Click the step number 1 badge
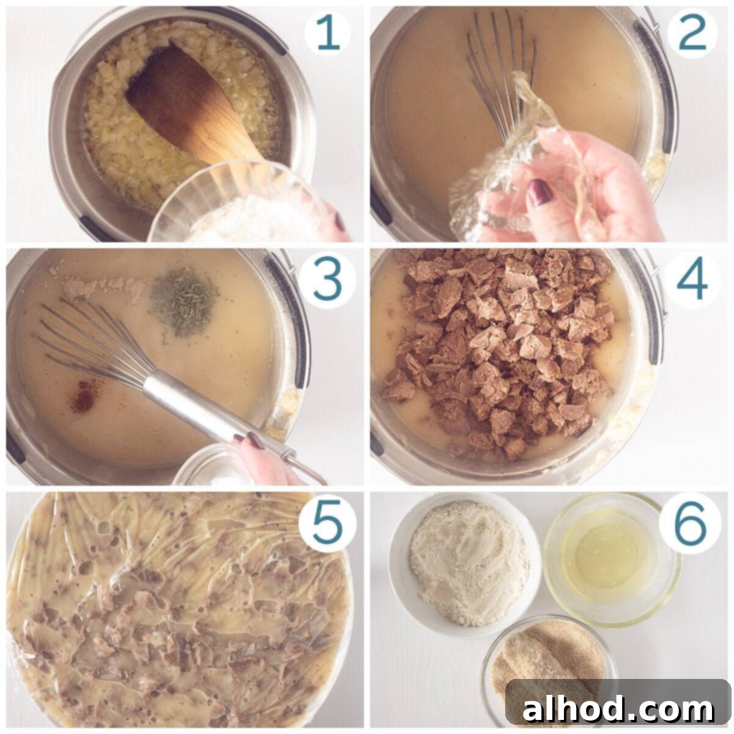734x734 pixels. pyautogui.click(x=327, y=34)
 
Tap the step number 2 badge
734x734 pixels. pyautogui.click(x=692, y=34)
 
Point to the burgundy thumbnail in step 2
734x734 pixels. pyautogui.click(x=539, y=192)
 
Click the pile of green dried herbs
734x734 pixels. pyautogui.click(x=184, y=302)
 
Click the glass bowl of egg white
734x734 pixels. pyautogui.click(x=612, y=559)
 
